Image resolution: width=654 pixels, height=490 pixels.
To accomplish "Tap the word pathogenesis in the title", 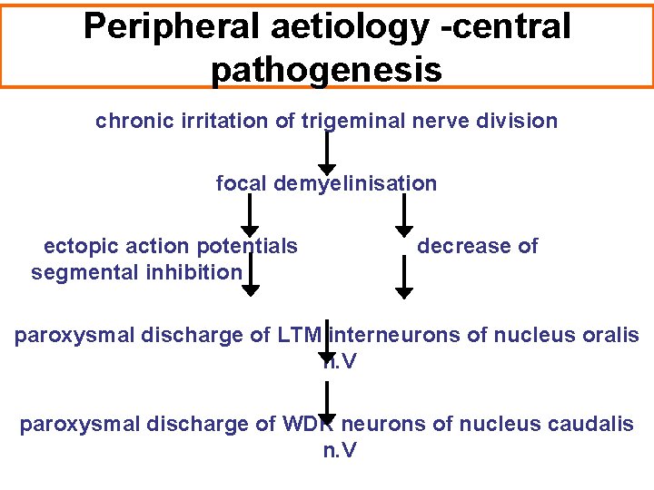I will (x=326, y=69).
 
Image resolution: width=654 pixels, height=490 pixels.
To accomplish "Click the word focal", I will (x=240, y=183).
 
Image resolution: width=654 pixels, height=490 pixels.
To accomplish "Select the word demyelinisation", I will (x=353, y=183).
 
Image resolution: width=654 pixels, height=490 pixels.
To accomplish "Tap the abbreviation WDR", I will (x=304, y=424).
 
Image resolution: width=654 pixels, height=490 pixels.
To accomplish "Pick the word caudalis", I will (x=593, y=424).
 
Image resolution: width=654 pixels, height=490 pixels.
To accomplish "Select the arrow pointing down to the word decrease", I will (x=404, y=218).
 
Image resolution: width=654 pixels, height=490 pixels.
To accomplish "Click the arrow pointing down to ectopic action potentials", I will (x=250, y=218).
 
